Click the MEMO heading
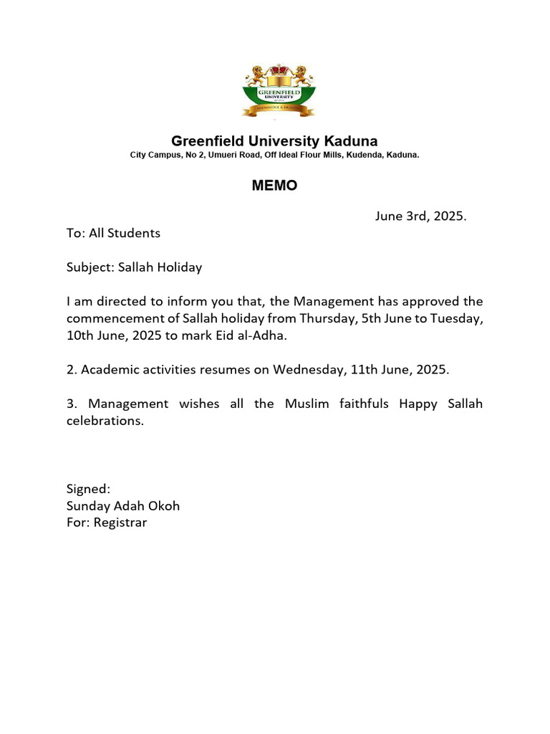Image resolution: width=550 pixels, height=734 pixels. click(274, 186)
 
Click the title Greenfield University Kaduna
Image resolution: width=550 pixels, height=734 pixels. click(274, 140)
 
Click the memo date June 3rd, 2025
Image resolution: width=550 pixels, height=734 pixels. click(420, 216)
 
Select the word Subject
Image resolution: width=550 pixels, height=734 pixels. click(85, 267)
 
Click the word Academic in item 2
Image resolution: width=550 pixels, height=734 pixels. click(108, 369)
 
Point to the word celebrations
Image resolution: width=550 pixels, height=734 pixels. click(105, 421)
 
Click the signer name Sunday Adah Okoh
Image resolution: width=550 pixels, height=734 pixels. click(123, 506)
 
